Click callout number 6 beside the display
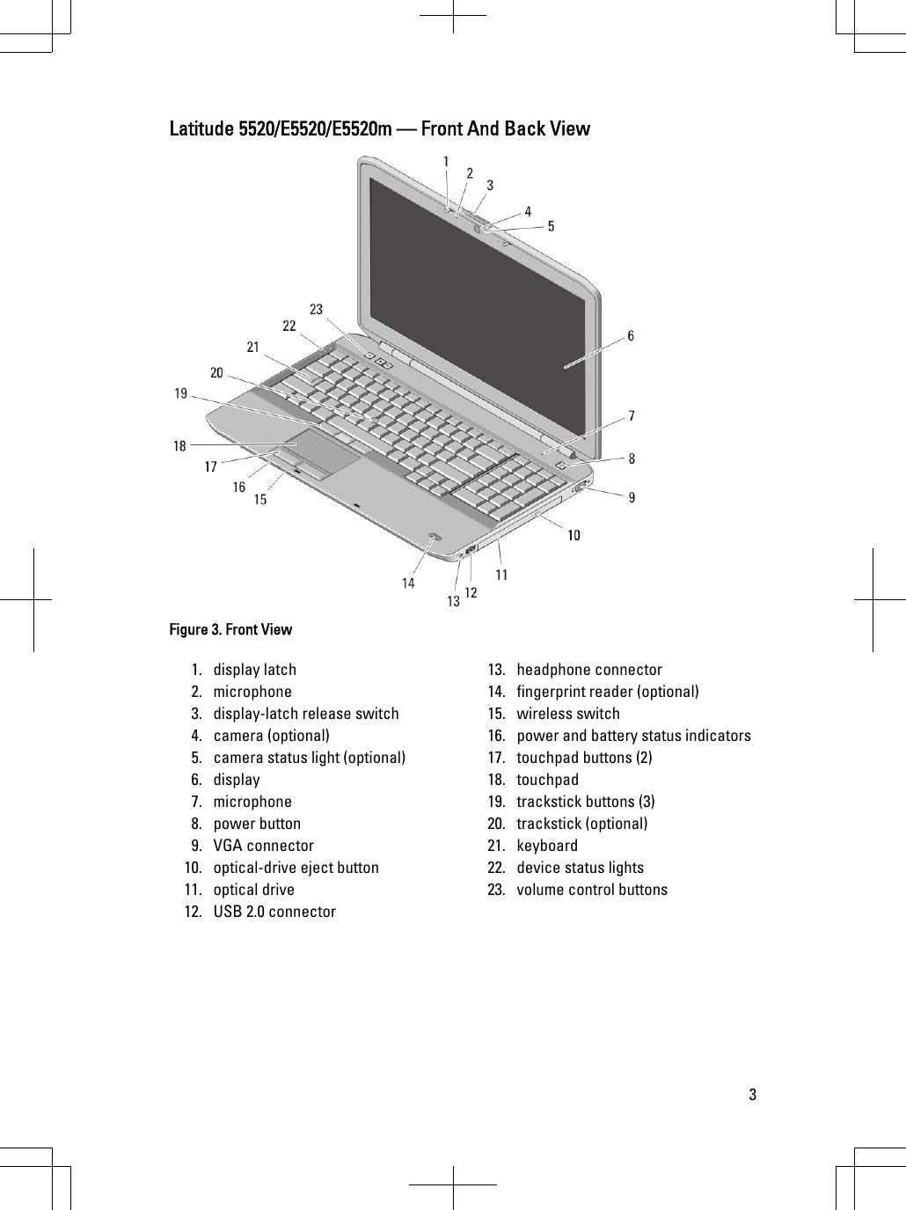click(631, 336)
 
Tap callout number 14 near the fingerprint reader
click(408, 583)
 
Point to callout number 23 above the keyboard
click(316, 309)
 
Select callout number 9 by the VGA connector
click(631, 498)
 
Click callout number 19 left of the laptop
click(181, 393)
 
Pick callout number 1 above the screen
click(446, 162)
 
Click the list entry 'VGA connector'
click(263, 846)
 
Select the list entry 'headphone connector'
click(588, 670)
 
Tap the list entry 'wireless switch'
click(567, 714)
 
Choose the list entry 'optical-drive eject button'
click(296, 868)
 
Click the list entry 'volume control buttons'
click(591, 890)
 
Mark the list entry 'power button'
click(257, 824)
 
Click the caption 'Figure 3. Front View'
click(230, 629)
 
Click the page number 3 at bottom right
click(752, 1096)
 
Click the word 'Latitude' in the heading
click(201, 129)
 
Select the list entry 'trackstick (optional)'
click(581, 824)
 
